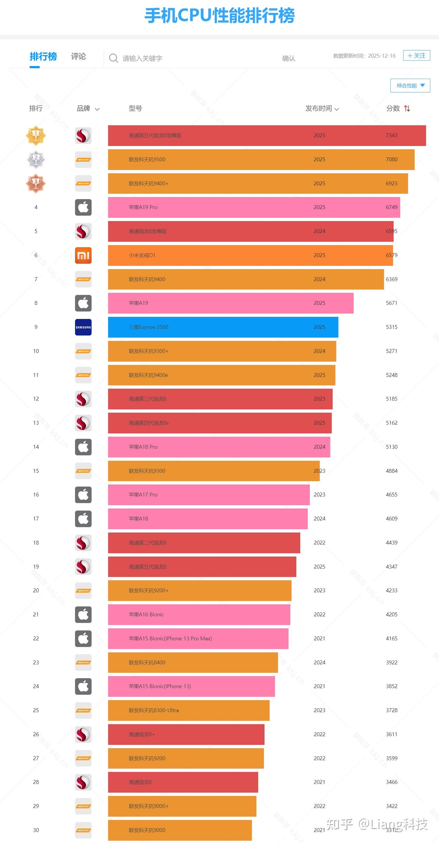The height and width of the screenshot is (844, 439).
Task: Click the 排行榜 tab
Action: tap(43, 57)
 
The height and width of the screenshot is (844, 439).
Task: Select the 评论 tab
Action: tap(78, 57)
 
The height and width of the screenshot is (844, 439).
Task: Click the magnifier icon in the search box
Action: tap(113, 58)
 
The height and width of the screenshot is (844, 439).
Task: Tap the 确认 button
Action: tap(288, 58)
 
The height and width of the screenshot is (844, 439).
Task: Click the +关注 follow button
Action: tap(416, 56)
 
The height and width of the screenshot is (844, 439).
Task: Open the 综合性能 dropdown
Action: tap(410, 85)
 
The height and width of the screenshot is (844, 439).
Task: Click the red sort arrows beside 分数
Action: tap(407, 109)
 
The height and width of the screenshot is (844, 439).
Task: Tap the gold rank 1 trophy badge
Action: tap(36, 135)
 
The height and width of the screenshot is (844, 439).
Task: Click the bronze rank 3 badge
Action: tap(36, 184)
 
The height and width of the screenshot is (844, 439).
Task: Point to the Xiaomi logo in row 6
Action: tap(83, 255)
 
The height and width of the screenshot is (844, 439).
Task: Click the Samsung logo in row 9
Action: tap(83, 327)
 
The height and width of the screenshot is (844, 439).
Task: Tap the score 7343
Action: tap(391, 135)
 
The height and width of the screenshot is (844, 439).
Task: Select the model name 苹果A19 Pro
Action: tap(143, 207)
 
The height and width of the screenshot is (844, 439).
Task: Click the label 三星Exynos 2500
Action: tap(148, 327)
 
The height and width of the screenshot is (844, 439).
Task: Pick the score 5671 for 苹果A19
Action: tap(391, 303)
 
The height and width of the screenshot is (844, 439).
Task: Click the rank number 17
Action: tap(36, 519)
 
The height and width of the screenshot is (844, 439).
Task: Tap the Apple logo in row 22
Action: tap(83, 638)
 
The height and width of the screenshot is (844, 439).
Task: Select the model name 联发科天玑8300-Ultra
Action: tap(154, 710)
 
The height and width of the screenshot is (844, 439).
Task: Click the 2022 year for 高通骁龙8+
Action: tap(319, 734)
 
